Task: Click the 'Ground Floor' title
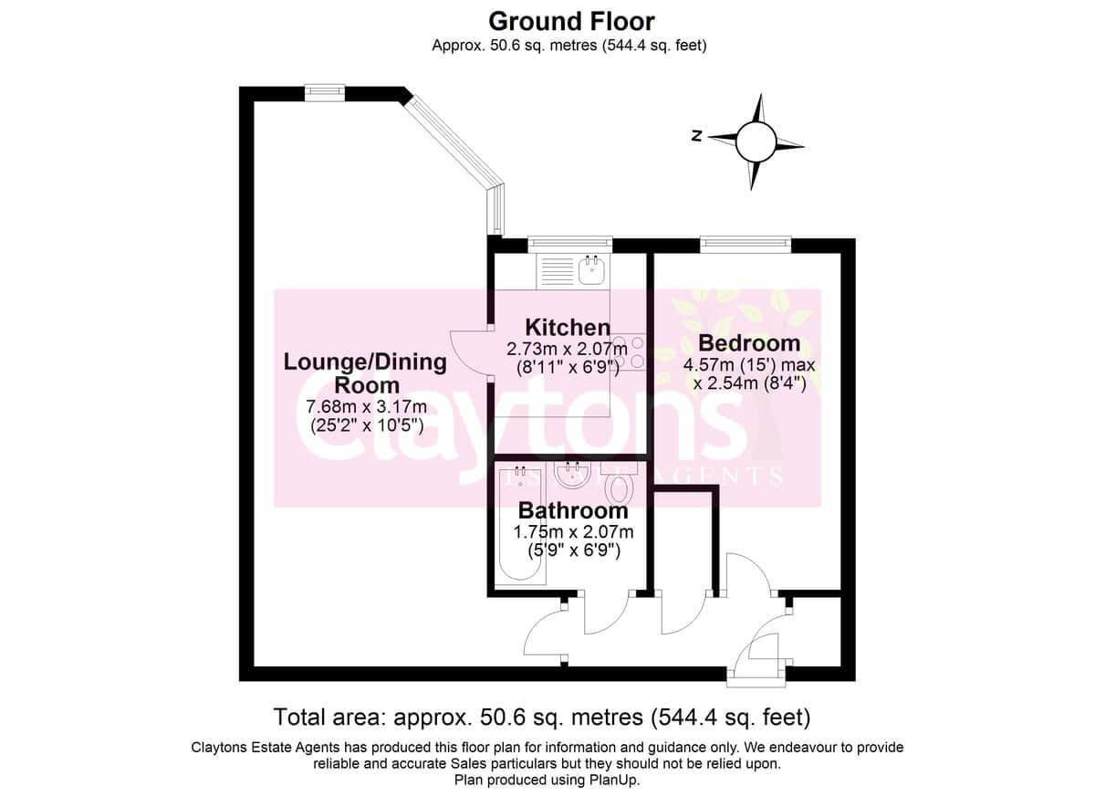(571, 22)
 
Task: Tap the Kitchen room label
(568, 327)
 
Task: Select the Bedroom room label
(749, 343)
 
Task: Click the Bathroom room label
(573, 510)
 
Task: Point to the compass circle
(756, 142)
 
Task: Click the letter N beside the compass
(696, 136)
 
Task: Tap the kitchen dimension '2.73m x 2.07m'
(567, 349)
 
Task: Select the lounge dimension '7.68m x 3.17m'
(366, 406)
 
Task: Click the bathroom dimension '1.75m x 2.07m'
(573, 531)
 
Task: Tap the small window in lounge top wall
(325, 93)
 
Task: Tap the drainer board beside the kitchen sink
(557, 271)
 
